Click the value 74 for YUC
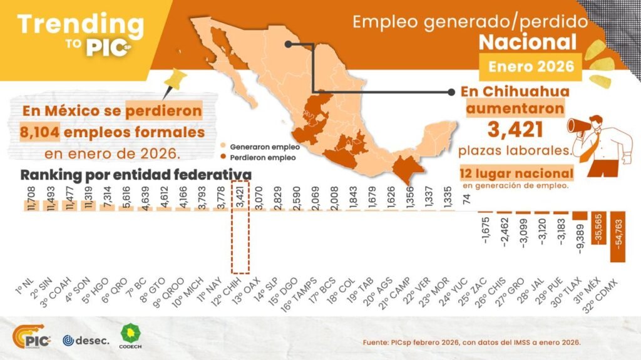466,198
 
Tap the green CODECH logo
130,336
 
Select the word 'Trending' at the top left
80,24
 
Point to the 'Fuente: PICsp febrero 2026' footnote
472,342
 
